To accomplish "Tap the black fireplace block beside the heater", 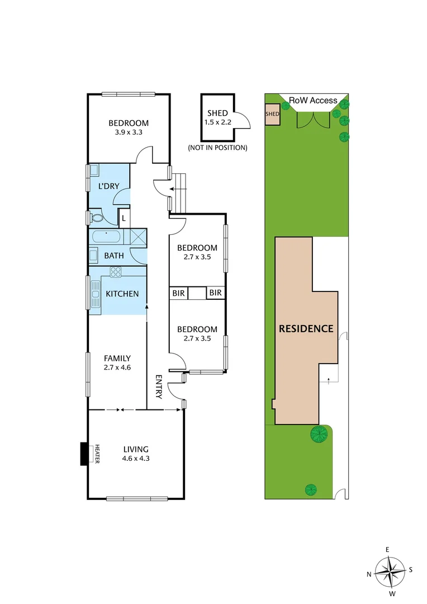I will pyautogui.click(x=84, y=454).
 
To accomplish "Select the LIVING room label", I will pyautogui.click(x=136, y=449).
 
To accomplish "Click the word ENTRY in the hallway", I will pyautogui.click(x=159, y=386).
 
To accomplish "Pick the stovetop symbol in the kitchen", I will pyautogui.click(x=116, y=272).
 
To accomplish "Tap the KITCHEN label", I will pyautogui.click(x=122, y=294).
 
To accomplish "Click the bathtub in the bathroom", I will pyautogui.click(x=105, y=237).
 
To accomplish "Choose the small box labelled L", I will pyautogui.click(x=123, y=217).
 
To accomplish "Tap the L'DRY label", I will pyautogui.click(x=109, y=186).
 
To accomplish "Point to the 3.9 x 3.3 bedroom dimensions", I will pyautogui.click(x=129, y=133).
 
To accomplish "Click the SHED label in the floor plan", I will pyautogui.click(x=217, y=114).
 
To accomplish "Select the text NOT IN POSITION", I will pyautogui.click(x=217, y=148).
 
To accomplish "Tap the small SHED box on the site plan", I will pyautogui.click(x=272, y=114).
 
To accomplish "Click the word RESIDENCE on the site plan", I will pyautogui.click(x=306, y=328).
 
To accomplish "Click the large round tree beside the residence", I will pyautogui.click(x=319, y=433).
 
